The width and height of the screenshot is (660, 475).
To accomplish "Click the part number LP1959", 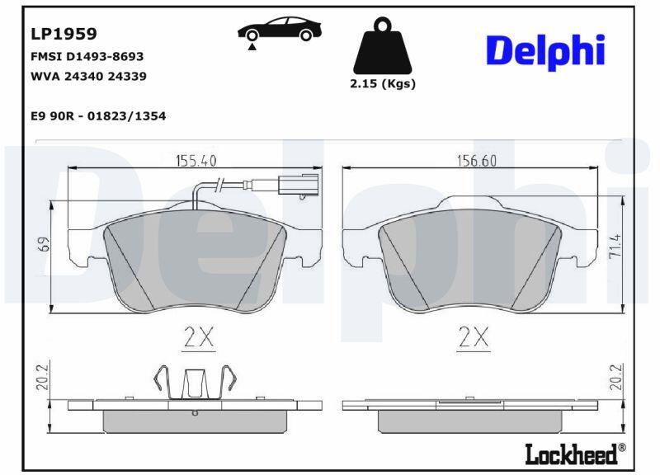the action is coord(64,34).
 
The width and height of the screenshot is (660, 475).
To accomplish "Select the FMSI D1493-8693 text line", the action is coord(87,56).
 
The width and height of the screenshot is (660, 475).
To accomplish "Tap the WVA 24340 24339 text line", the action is coord(88,76).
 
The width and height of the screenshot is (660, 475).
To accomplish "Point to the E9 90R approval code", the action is coord(98,115).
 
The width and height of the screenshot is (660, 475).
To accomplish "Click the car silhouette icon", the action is coord(280,29).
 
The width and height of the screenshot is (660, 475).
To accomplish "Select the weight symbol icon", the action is coord(382,45).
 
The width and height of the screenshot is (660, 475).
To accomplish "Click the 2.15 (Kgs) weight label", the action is coord(383,84).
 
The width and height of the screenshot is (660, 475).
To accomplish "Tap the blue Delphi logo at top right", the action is coord(545,52).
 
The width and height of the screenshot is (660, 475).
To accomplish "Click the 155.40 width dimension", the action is coord(196,160).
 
